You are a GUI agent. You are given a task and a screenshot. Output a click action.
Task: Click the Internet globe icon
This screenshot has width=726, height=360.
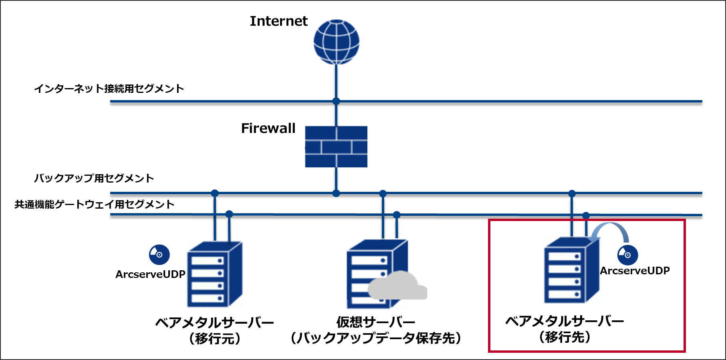[336, 42]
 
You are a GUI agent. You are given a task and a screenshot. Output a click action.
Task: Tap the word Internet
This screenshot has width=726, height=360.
[278, 21]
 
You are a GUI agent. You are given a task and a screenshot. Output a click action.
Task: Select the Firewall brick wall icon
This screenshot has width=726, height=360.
[336, 147]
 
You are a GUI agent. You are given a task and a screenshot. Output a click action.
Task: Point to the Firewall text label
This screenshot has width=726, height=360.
[268, 128]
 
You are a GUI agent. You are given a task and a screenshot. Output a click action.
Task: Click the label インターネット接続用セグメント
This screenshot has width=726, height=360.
[109, 88]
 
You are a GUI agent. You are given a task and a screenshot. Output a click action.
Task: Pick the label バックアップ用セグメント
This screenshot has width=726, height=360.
[94, 178]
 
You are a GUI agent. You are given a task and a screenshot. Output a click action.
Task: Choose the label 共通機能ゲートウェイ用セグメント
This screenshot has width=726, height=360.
[95, 205]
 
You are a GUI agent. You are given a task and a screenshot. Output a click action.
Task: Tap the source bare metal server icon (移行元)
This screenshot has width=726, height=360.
[215, 274]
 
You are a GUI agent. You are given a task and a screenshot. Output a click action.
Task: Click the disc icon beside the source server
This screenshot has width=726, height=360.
[159, 255]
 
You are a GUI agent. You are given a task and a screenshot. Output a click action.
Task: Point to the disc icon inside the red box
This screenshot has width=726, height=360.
[627, 255]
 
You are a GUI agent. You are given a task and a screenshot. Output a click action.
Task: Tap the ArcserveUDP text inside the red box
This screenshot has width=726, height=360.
[635, 271]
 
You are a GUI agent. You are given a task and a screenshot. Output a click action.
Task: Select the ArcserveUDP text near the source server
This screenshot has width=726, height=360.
[150, 274]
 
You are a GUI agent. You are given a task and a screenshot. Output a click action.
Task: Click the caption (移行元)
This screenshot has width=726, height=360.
[215, 339]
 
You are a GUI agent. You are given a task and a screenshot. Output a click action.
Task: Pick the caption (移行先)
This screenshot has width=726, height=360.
[565, 337]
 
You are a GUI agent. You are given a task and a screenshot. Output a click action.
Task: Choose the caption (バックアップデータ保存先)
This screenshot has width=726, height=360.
[376, 338]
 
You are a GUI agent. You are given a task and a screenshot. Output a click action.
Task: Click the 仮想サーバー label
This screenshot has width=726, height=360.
[375, 322]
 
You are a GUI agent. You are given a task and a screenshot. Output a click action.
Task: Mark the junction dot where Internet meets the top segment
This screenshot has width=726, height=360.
[336, 101]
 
